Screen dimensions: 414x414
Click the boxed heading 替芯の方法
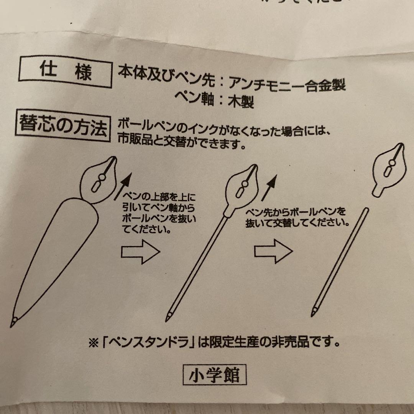pyautogui.click(x=62, y=126)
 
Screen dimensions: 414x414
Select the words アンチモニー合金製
pyautogui.click(x=287, y=84)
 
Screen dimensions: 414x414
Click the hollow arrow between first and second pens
pyautogui.click(x=140, y=252)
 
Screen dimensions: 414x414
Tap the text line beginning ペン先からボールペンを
pyautogui.click(x=296, y=211)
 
